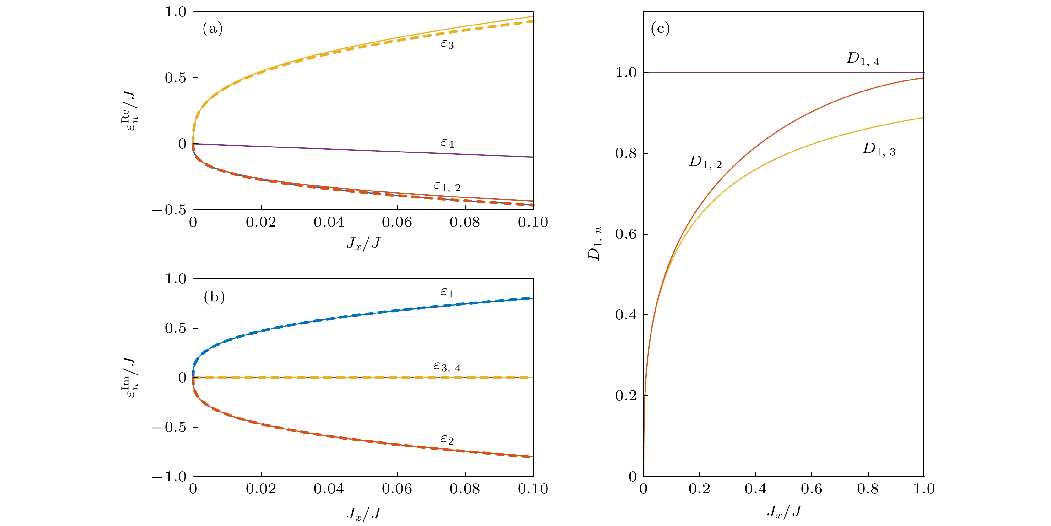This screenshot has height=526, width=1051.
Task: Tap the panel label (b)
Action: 214,297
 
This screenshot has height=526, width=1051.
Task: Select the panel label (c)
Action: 660,29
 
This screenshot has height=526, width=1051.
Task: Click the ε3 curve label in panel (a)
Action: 447,43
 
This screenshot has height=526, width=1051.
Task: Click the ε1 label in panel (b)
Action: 447,292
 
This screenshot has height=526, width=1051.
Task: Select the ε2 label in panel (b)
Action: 447,440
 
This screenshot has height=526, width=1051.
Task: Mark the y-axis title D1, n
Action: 595,244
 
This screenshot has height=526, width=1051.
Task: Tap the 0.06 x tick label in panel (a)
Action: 397,223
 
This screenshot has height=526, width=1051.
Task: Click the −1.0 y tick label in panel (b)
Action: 169,477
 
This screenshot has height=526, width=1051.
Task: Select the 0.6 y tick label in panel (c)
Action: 626,235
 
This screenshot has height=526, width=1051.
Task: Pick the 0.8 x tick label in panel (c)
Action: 867,489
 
